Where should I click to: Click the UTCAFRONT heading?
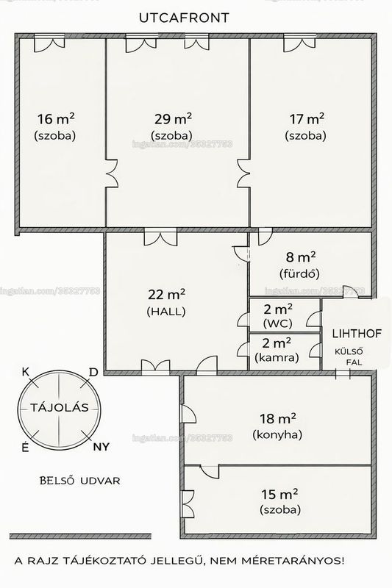click(184, 18)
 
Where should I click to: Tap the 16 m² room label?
click(55, 126)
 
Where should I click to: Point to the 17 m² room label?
click(306, 126)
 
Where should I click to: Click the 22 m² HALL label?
click(166, 302)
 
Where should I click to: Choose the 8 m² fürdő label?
click(300, 265)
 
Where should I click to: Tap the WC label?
click(278, 323)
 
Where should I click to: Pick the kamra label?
click(277, 357)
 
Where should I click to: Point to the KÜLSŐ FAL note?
click(349, 357)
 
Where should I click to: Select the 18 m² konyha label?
click(277, 426)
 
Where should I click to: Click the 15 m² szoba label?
click(279, 501)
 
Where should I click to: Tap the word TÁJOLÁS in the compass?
click(60, 407)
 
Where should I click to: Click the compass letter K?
click(26, 372)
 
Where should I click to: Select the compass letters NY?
click(101, 447)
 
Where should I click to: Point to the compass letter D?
click(93, 372)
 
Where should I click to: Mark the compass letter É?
click(25, 447)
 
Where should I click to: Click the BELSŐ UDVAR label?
click(80, 481)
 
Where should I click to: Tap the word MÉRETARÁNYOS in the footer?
click(293, 561)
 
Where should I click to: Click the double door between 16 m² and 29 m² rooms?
click(111, 173)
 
